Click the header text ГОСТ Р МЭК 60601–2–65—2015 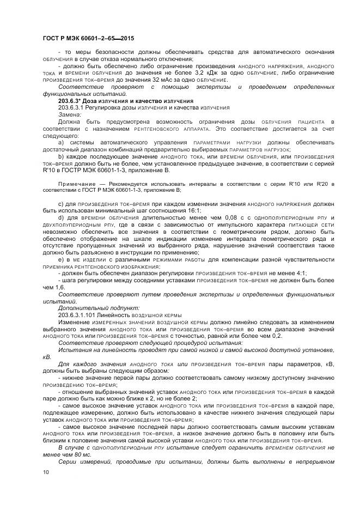[x=88, y=39]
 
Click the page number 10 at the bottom [x=45, y=472]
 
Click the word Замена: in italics [x=70, y=115]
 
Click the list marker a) [x=61, y=143]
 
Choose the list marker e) [x=61, y=260]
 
